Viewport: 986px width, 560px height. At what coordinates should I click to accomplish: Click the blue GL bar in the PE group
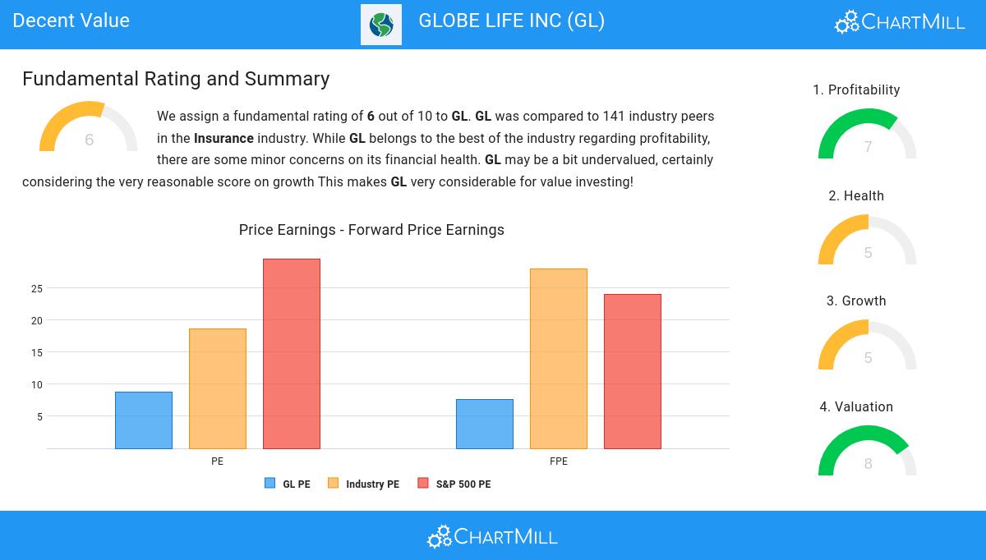[x=144, y=420]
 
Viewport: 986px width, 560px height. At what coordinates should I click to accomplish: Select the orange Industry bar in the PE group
[x=218, y=388]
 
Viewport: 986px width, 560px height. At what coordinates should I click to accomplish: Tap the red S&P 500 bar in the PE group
[x=292, y=354]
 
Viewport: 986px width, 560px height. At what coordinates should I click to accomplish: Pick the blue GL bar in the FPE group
[x=485, y=424]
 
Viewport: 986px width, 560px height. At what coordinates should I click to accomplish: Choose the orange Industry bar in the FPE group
[x=559, y=359]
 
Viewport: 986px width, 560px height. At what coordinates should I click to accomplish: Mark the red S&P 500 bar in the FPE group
[x=633, y=371]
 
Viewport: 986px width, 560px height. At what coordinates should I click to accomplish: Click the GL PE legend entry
[x=288, y=484]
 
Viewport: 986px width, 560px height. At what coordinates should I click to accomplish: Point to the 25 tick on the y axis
[x=36, y=288]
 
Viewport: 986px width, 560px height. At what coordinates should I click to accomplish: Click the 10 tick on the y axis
[x=36, y=384]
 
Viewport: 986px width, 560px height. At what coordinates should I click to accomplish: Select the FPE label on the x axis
[x=559, y=461]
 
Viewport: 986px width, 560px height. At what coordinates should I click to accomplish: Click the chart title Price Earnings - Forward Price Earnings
[x=371, y=230]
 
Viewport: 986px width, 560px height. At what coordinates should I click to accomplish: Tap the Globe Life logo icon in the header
[x=381, y=25]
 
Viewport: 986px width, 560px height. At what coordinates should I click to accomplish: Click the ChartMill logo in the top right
[x=900, y=22]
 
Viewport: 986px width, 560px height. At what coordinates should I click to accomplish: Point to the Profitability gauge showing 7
[x=868, y=135]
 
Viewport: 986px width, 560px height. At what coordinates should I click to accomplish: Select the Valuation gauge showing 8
[x=868, y=452]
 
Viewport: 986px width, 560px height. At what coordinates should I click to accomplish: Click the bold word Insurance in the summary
[x=223, y=138]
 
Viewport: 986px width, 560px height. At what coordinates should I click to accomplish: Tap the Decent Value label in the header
[x=71, y=21]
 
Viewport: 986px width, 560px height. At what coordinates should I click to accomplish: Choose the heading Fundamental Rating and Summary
[x=176, y=79]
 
